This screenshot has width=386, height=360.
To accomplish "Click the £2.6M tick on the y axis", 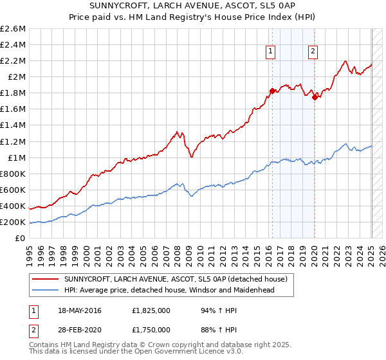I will (14, 29).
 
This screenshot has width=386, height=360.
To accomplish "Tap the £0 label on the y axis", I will (21, 238).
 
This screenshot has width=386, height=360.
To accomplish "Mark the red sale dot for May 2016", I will (272, 91).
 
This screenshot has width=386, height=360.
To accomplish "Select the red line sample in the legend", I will (46, 279).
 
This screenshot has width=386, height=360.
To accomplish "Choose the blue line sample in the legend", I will (46, 291).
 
